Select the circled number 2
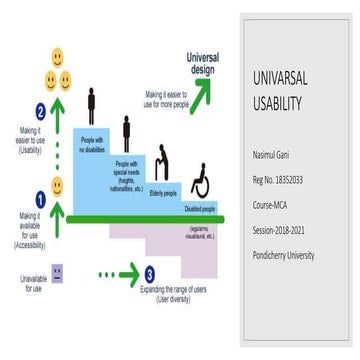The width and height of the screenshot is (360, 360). tap(40, 112)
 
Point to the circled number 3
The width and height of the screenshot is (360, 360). tap(149, 273)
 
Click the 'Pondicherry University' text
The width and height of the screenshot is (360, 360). tap(299, 254)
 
